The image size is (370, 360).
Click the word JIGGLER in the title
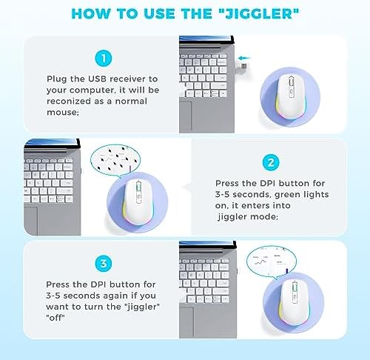(259, 13)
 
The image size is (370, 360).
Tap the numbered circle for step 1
(104, 59)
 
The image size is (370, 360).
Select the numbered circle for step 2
(271, 163)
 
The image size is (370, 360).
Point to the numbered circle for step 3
(104, 263)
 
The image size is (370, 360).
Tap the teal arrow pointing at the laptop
(245, 59)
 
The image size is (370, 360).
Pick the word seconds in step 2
(251, 195)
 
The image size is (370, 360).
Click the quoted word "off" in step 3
(55, 318)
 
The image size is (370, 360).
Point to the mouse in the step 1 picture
(290, 97)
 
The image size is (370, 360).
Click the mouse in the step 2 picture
(138, 202)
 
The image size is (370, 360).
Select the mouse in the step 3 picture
(294, 302)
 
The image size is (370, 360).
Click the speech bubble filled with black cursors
(115, 160)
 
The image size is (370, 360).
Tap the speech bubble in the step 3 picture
(272, 261)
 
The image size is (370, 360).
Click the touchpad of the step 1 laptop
(186, 117)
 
